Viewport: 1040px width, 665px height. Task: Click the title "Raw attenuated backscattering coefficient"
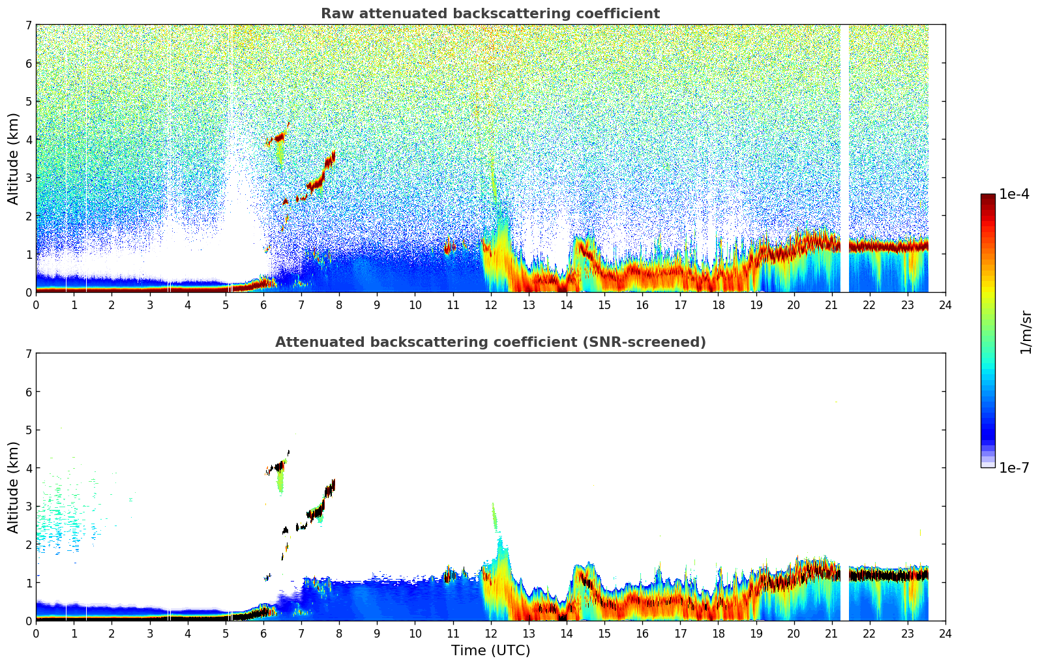pyautogui.click(x=490, y=14)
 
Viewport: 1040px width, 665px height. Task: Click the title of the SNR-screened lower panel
pyautogui.click(x=490, y=342)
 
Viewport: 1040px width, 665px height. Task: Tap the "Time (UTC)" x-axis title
pyautogui.click(x=490, y=650)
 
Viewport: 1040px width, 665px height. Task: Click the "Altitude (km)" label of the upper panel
pyautogui.click(x=14, y=158)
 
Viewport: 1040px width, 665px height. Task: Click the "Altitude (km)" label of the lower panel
pyautogui.click(x=14, y=487)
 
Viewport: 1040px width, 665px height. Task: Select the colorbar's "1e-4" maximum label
pyautogui.click(x=1014, y=194)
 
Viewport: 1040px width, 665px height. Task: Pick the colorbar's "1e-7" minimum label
pyautogui.click(x=1014, y=467)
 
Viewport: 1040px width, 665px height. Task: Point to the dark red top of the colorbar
pyautogui.click(x=988, y=198)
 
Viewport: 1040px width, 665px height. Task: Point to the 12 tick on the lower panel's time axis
pyautogui.click(x=490, y=633)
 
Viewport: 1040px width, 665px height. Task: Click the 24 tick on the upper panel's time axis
pyautogui.click(x=945, y=304)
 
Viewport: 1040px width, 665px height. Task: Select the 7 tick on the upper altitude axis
pyautogui.click(x=28, y=25)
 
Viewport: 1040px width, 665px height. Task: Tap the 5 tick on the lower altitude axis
pyautogui.click(x=28, y=430)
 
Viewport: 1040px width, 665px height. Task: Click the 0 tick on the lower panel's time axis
pyautogui.click(x=36, y=633)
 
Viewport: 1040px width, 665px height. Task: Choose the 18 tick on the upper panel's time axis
pyautogui.click(x=718, y=304)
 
